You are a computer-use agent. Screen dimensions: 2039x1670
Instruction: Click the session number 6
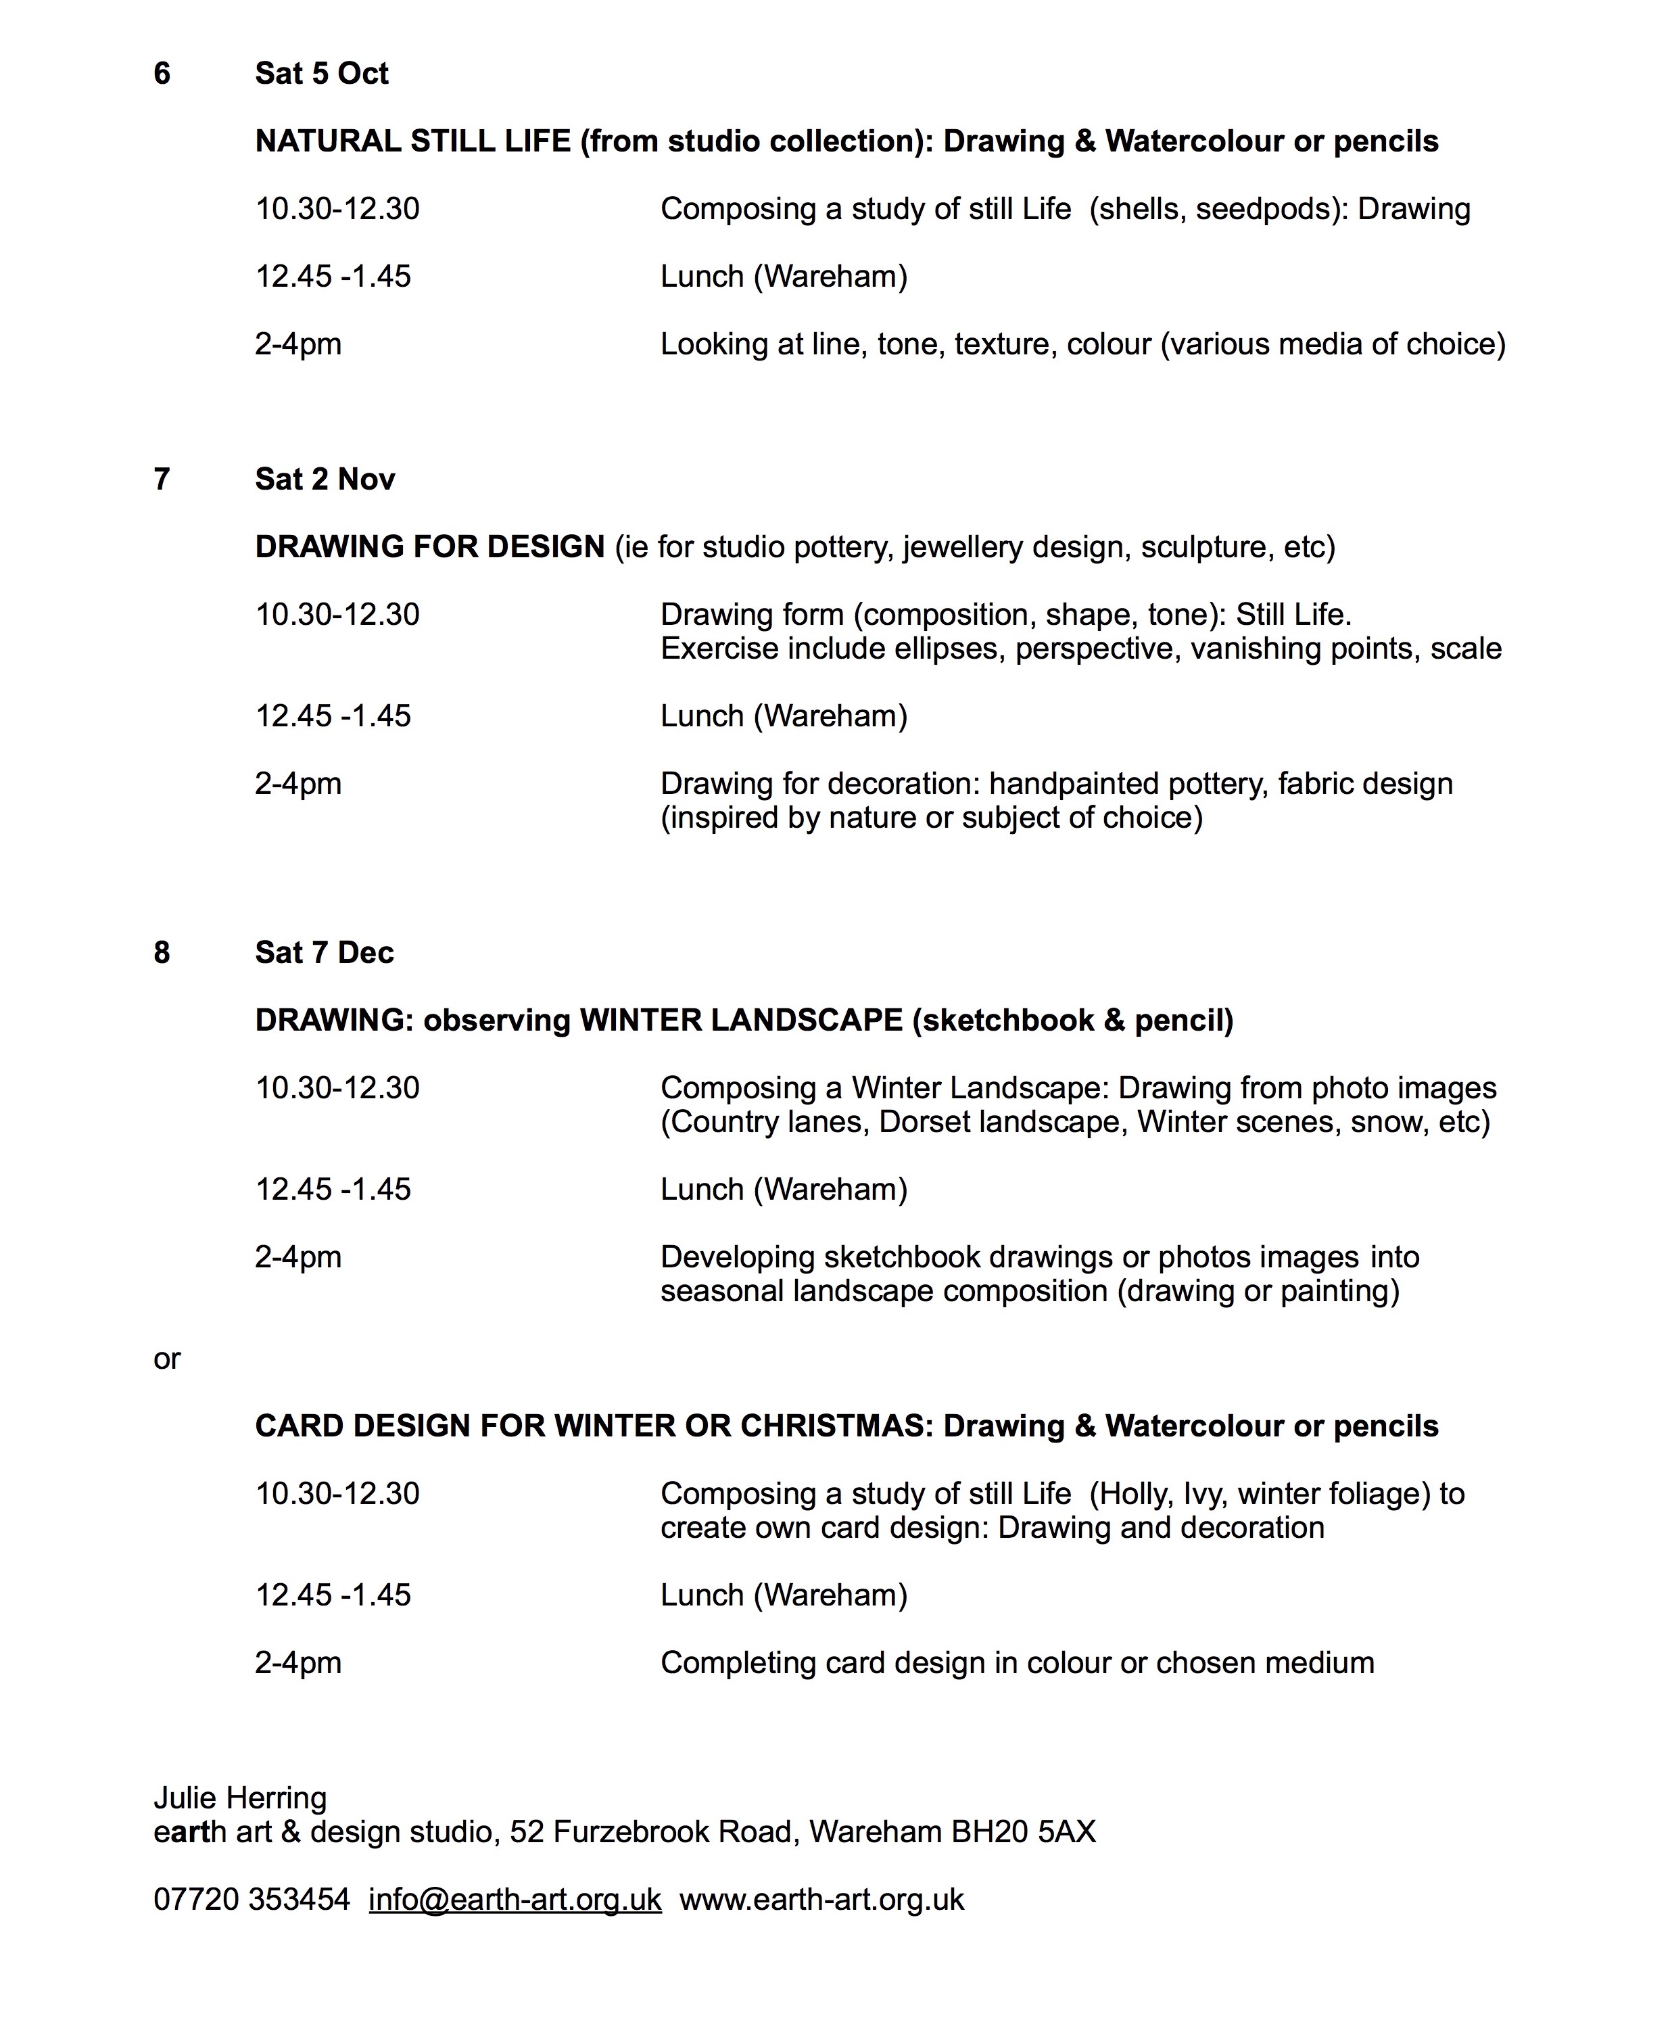[162, 74]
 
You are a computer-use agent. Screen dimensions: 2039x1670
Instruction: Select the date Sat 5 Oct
[321, 74]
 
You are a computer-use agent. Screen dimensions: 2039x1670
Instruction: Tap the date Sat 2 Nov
[324, 479]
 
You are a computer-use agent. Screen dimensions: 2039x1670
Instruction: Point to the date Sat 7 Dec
[324, 953]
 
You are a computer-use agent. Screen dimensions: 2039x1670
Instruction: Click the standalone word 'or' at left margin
[166, 1359]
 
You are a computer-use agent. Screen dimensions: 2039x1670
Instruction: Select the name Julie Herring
[239, 1798]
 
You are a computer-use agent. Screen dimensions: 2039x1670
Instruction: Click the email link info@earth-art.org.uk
[515, 1900]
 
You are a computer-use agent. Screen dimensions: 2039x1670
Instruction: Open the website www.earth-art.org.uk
[821, 1900]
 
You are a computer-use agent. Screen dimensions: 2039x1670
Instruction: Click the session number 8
[162, 953]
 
